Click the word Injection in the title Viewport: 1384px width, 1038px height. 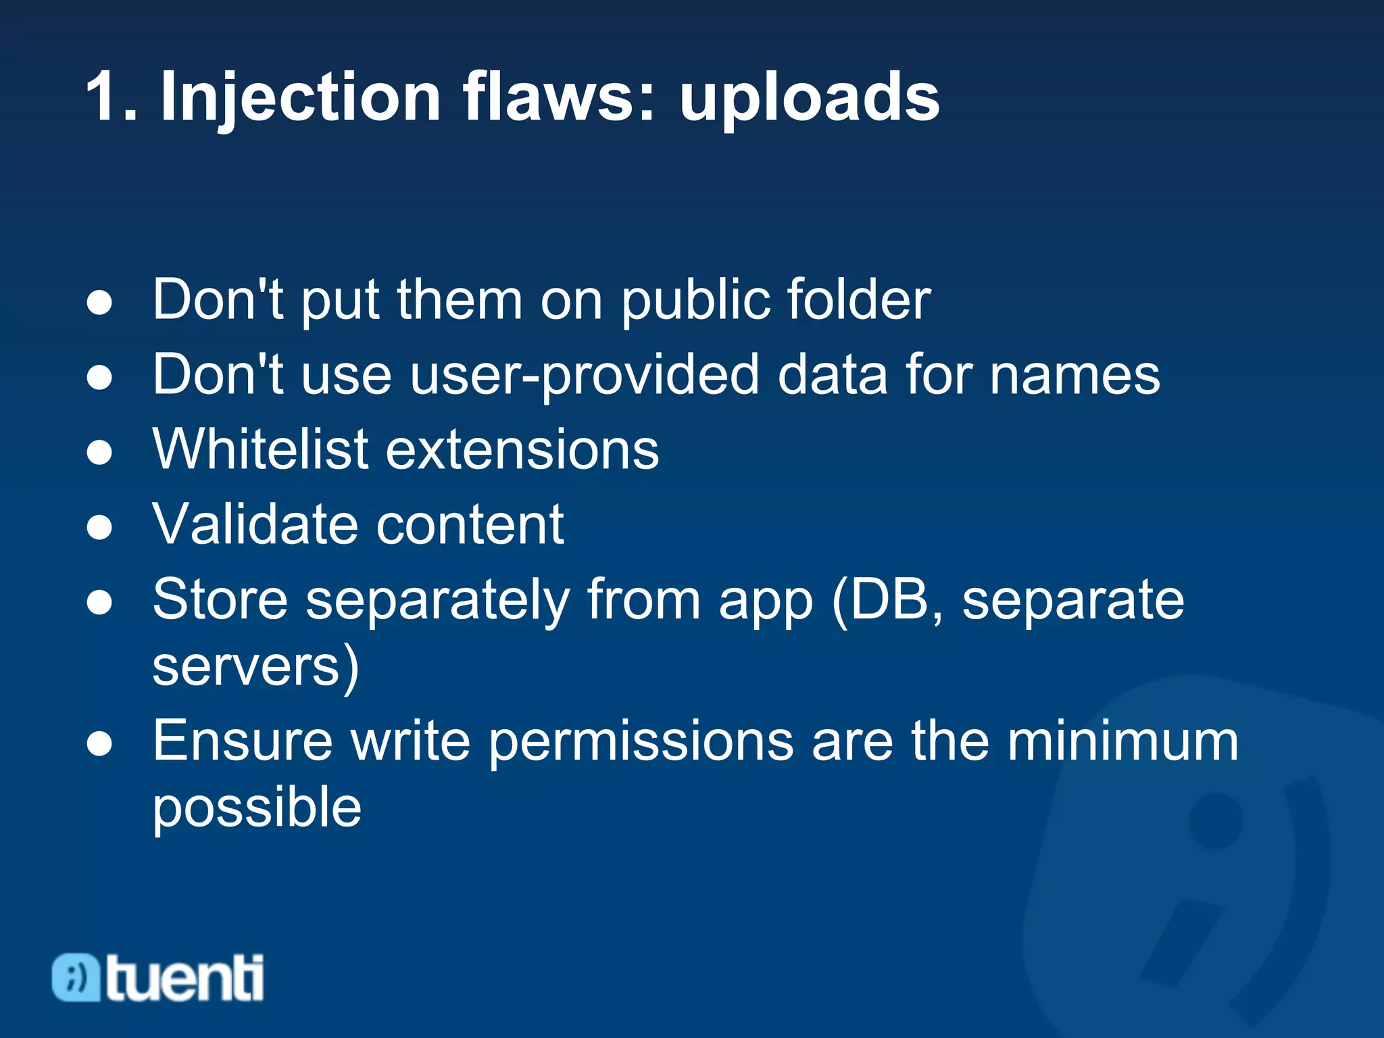301,98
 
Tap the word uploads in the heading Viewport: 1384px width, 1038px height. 809,98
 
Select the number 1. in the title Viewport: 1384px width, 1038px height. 112,98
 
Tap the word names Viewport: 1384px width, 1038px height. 1074,376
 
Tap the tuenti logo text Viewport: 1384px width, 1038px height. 184,978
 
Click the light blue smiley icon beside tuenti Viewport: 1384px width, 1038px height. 76,977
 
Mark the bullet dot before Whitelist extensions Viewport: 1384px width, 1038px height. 99,452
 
